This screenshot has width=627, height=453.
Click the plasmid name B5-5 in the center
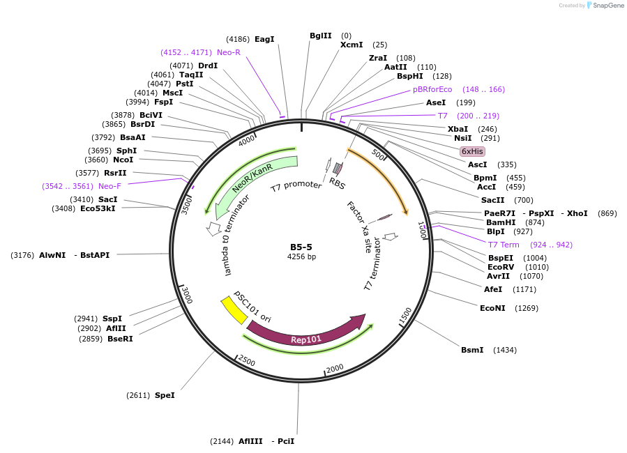(302, 247)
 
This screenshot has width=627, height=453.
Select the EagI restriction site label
(264, 39)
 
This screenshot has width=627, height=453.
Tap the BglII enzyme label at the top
(321, 36)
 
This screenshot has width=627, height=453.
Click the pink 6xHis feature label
(472, 151)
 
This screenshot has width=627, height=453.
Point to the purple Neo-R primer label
(229, 52)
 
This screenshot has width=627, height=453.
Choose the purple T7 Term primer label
(503, 245)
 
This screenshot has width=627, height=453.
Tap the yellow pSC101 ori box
(234, 310)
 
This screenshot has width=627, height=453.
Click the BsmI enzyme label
(472, 350)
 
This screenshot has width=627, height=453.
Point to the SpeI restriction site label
(165, 395)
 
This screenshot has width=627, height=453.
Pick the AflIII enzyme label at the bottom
(251, 441)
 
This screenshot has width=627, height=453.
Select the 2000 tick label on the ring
(335, 368)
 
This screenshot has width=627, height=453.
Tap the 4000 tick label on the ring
(247, 141)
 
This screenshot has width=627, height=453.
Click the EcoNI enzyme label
(492, 308)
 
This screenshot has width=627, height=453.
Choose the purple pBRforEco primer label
(432, 89)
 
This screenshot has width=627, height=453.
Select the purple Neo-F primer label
(109, 186)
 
